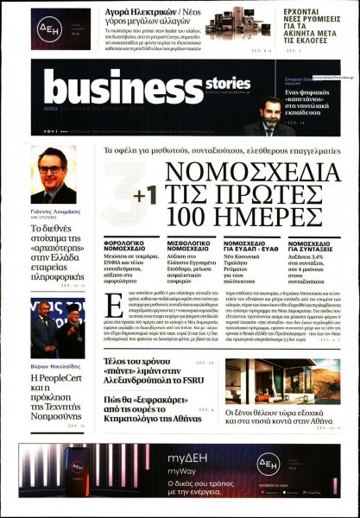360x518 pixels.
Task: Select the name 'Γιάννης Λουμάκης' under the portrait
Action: click(56, 211)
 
